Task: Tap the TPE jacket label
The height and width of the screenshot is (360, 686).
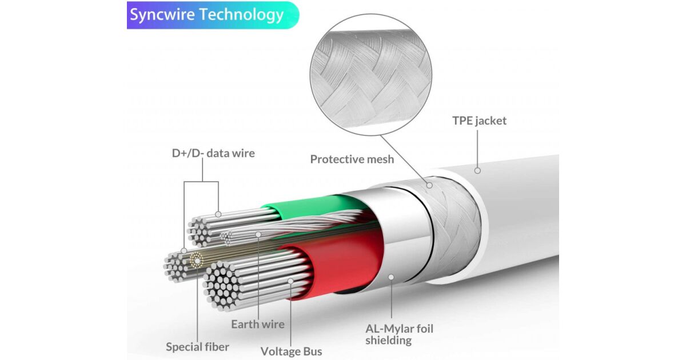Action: [479, 121]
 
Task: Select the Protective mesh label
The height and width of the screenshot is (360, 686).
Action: [352, 159]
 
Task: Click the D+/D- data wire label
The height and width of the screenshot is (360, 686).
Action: [213, 153]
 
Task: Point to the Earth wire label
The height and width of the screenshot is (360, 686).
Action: [257, 324]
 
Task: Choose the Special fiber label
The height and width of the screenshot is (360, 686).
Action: [197, 346]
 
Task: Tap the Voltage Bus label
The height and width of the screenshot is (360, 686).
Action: [291, 351]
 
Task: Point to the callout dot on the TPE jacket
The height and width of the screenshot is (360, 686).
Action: [477, 170]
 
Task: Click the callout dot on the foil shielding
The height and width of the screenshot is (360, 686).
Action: [392, 277]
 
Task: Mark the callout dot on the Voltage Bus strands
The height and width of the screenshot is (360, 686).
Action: [291, 281]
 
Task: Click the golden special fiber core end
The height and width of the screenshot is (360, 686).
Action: [198, 260]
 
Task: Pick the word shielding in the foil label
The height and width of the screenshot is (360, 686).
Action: [388, 341]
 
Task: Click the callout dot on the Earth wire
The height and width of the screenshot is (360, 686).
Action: [258, 234]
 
